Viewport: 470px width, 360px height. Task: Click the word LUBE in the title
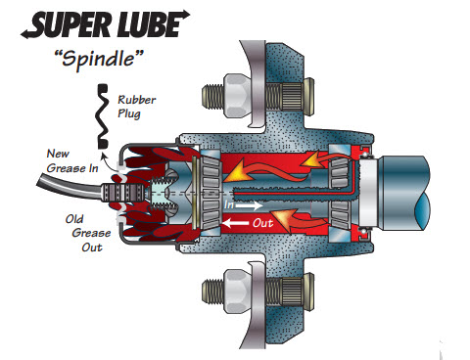148,24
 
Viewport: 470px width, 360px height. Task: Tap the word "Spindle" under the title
99,60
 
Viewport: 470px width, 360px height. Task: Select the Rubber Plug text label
137,107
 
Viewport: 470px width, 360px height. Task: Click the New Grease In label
72,160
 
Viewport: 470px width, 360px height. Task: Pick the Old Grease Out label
87,233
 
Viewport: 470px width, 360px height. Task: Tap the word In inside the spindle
229,204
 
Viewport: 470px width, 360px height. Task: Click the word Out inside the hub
262,223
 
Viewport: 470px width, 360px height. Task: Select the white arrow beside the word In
250,205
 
